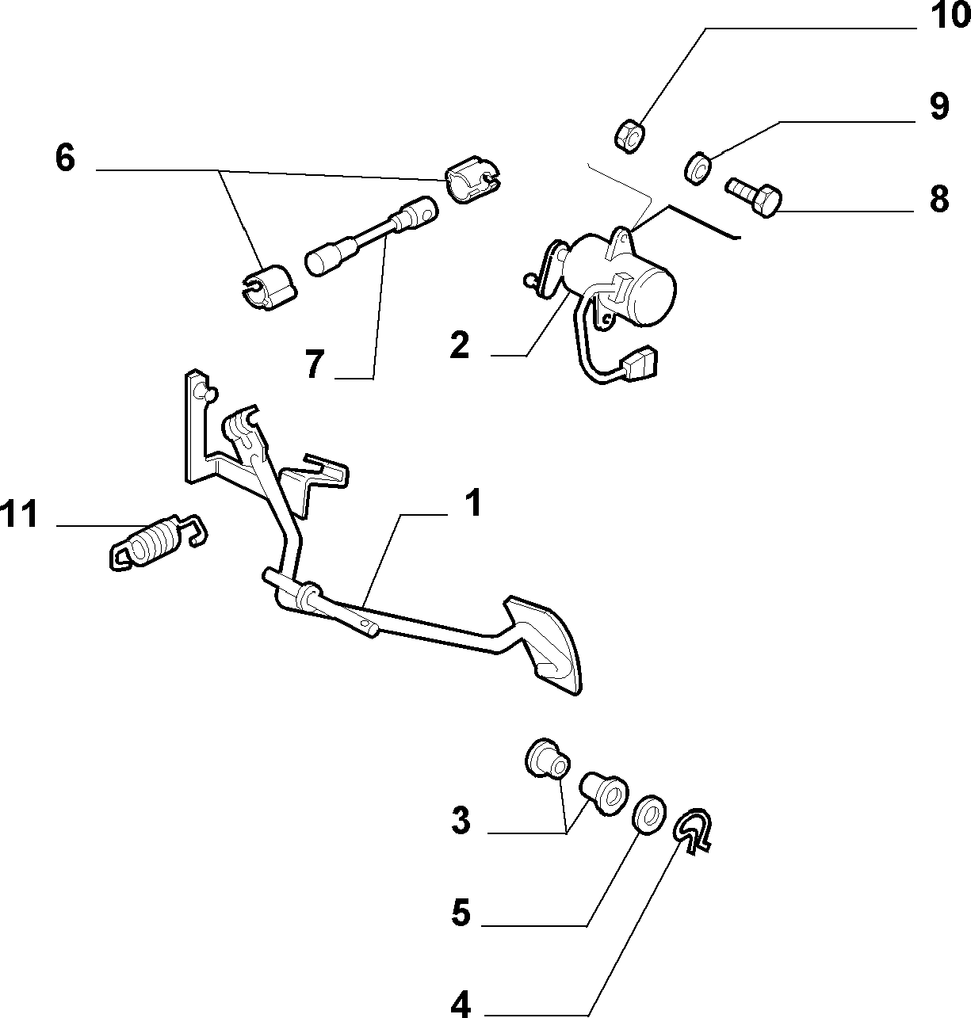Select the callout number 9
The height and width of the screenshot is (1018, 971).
(x=939, y=106)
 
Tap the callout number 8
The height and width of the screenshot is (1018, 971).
(x=939, y=198)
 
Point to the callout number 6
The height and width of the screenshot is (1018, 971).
(x=65, y=157)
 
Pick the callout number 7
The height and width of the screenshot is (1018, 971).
(x=315, y=364)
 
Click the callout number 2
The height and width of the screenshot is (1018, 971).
(x=460, y=345)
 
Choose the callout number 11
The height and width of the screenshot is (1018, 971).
(x=19, y=513)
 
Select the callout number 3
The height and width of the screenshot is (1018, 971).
(x=461, y=821)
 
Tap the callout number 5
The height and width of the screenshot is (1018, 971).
(x=461, y=913)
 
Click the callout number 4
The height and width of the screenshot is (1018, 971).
(x=461, y=1004)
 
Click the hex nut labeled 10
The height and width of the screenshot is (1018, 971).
(x=629, y=136)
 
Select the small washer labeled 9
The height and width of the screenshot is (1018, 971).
(x=698, y=168)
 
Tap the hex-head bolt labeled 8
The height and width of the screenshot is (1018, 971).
(x=755, y=198)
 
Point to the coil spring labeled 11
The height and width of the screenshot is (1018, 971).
(x=158, y=543)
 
